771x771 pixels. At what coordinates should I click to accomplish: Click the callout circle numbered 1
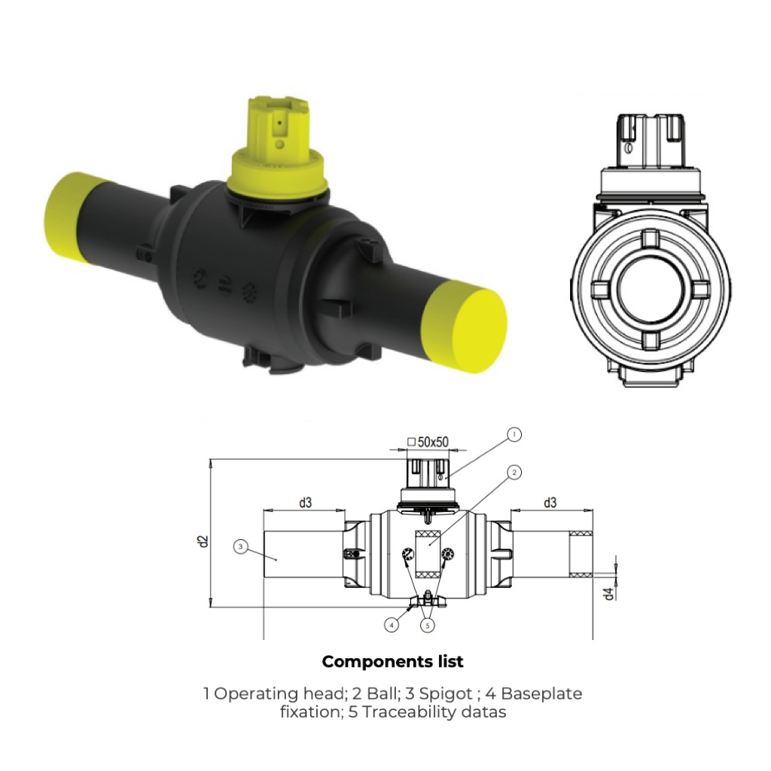coord(514,434)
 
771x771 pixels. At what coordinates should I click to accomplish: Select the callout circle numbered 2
coord(514,473)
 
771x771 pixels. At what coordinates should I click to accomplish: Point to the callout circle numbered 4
coord(392,624)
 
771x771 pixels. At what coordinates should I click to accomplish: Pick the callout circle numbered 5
coord(427,624)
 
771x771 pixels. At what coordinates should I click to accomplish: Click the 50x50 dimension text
coord(433,443)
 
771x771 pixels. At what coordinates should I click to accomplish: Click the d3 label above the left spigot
coord(304,503)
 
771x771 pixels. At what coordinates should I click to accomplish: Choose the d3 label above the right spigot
coord(550,503)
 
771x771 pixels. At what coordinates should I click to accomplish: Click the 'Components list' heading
coord(392,662)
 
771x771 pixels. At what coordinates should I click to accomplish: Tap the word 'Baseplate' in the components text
coord(541,693)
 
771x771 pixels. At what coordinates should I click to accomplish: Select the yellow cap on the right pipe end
coord(468,326)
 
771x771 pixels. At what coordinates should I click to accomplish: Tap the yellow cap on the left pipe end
coord(72,217)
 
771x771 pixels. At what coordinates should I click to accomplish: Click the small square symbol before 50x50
coord(411,443)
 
